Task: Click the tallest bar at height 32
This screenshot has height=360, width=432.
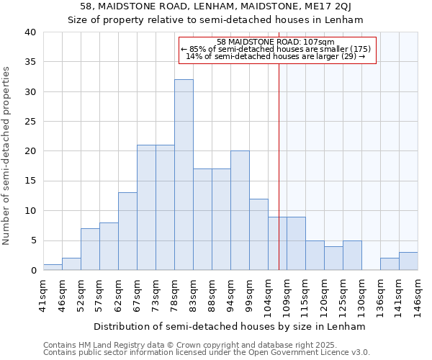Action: point(184,175)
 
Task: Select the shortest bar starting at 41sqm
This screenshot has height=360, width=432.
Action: point(53,267)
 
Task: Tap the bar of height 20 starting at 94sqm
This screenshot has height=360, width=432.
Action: point(240,210)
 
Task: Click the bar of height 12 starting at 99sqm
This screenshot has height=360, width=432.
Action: point(258,234)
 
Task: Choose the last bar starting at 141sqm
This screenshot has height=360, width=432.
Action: point(408,261)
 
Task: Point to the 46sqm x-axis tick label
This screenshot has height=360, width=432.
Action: point(63,294)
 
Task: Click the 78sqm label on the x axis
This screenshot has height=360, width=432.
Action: point(175,294)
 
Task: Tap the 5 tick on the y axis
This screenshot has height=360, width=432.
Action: point(33,240)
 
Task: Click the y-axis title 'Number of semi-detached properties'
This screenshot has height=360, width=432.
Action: point(7,156)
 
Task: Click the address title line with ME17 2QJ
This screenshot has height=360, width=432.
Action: point(216,6)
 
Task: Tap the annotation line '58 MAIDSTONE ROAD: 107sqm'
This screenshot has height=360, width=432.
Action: point(276,42)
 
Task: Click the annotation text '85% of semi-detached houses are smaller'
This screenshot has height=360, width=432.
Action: point(276,49)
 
